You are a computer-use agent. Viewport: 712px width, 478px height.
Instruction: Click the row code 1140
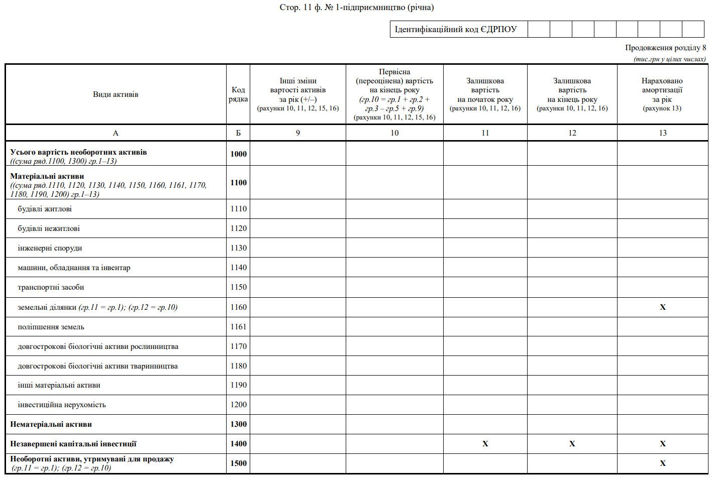(238, 268)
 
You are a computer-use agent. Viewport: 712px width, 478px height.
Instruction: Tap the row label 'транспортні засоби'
(51, 287)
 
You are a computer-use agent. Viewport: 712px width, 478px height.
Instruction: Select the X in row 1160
(662, 307)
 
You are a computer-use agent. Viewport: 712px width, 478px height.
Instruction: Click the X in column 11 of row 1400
(485, 444)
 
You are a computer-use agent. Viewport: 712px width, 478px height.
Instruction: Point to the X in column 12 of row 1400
(572, 444)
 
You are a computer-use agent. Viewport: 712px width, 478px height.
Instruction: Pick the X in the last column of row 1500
(662, 463)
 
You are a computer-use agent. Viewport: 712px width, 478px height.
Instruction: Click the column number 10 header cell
(394, 133)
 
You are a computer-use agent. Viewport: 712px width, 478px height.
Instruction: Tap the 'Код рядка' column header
(238, 94)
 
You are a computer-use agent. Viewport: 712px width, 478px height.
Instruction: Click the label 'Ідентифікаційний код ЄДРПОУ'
(455, 29)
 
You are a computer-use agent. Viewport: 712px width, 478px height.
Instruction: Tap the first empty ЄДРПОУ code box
(539, 29)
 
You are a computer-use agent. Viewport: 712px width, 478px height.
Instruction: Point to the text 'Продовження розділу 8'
(665, 48)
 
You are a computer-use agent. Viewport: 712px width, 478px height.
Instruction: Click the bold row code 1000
(238, 154)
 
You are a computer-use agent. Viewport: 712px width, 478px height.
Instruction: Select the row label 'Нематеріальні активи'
(51, 424)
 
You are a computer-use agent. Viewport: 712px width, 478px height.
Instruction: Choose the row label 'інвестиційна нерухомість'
(62, 405)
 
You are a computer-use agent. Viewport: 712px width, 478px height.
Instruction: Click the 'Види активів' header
(116, 94)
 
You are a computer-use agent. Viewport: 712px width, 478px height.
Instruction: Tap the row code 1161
(238, 327)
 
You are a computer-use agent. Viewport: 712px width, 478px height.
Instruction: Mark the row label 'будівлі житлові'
(45, 209)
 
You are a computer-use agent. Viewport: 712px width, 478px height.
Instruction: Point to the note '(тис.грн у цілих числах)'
(669, 59)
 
